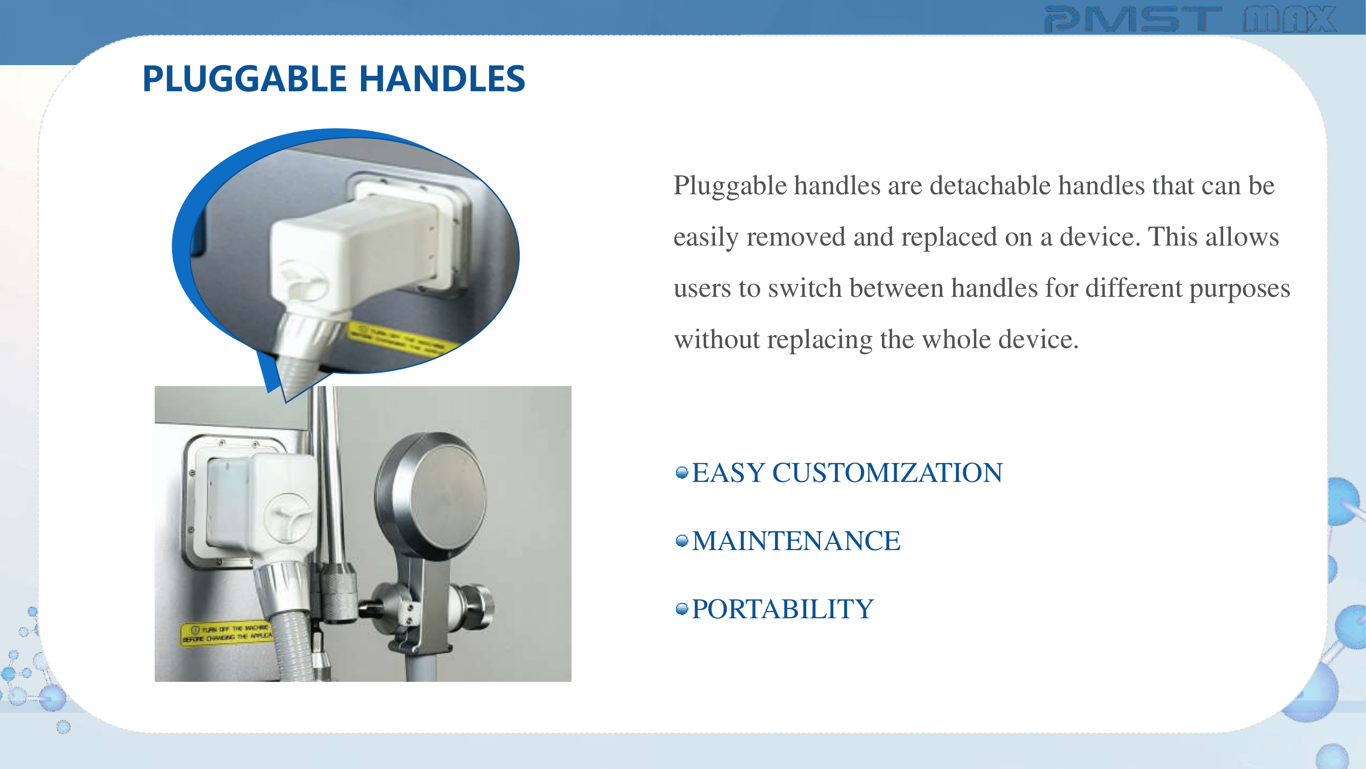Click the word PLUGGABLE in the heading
click(x=244, y=78)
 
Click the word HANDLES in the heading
click(x=442, y=78)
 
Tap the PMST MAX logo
click(x=1190, y=19)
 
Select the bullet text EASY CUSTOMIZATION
click(x=847, y=472)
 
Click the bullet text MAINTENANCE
click(x=796, y=541)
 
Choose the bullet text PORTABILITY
click(x=783, y=609)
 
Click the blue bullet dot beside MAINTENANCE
click(x=682, y=541)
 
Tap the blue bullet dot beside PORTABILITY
click(x=682, y=609)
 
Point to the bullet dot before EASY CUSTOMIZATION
click(x=682, y=472)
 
